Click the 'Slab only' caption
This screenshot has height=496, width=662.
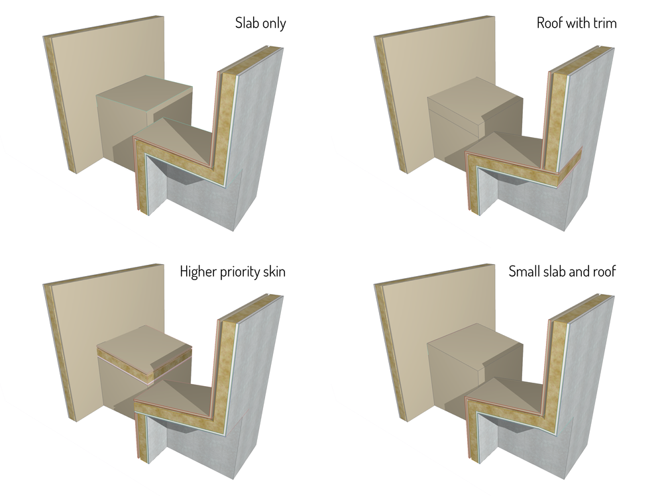260,24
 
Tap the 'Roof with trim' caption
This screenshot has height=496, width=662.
576,24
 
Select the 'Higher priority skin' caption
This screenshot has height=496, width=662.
233,272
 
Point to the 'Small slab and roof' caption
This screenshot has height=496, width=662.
562,272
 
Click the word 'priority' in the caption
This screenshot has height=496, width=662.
237,272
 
